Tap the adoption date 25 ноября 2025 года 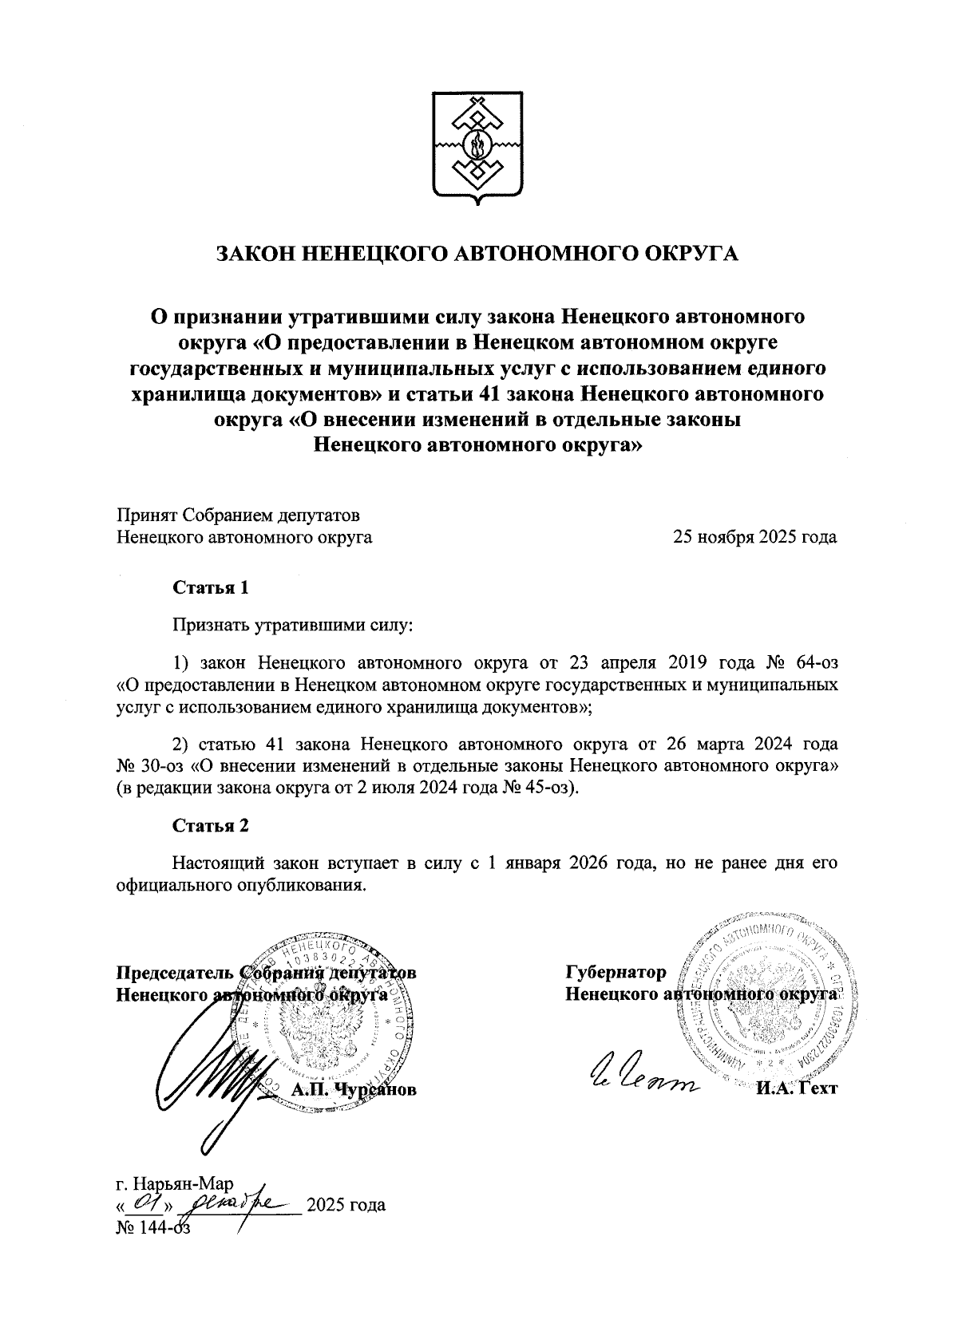coord(755,536)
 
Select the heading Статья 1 coord(211,588)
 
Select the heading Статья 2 coord(211,826)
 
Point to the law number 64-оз coord(807,662)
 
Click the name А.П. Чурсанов coord(354,1090)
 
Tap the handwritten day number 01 coord(145,1203)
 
